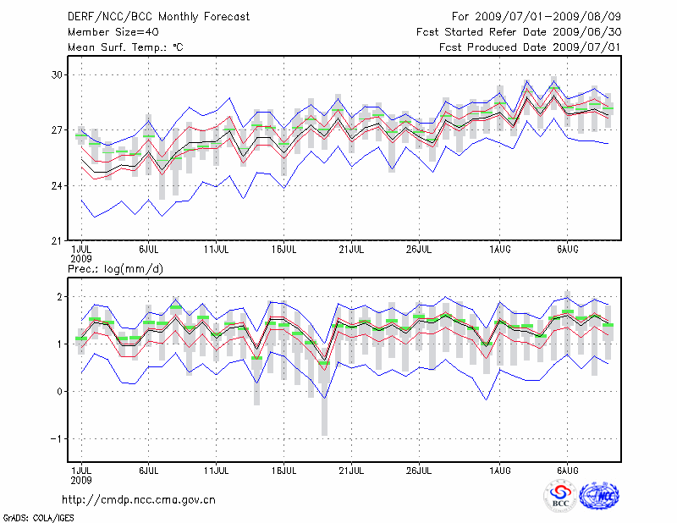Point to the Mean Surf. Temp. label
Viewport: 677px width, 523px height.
click(124, 47)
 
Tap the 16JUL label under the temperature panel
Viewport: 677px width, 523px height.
click(284, 250)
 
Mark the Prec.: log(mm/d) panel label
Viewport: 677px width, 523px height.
click(116, 269)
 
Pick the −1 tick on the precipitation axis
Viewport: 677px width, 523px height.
click(57, 438)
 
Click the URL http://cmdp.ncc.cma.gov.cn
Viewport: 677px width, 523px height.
click(139, 499)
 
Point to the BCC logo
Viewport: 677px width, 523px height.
click(561, 497)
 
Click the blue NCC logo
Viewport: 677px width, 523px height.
click(598, 496)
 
